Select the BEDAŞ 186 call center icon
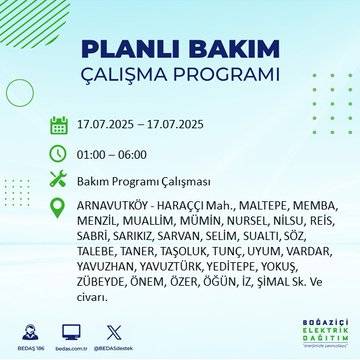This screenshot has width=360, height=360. pyautogui.click(x=31, y=329)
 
